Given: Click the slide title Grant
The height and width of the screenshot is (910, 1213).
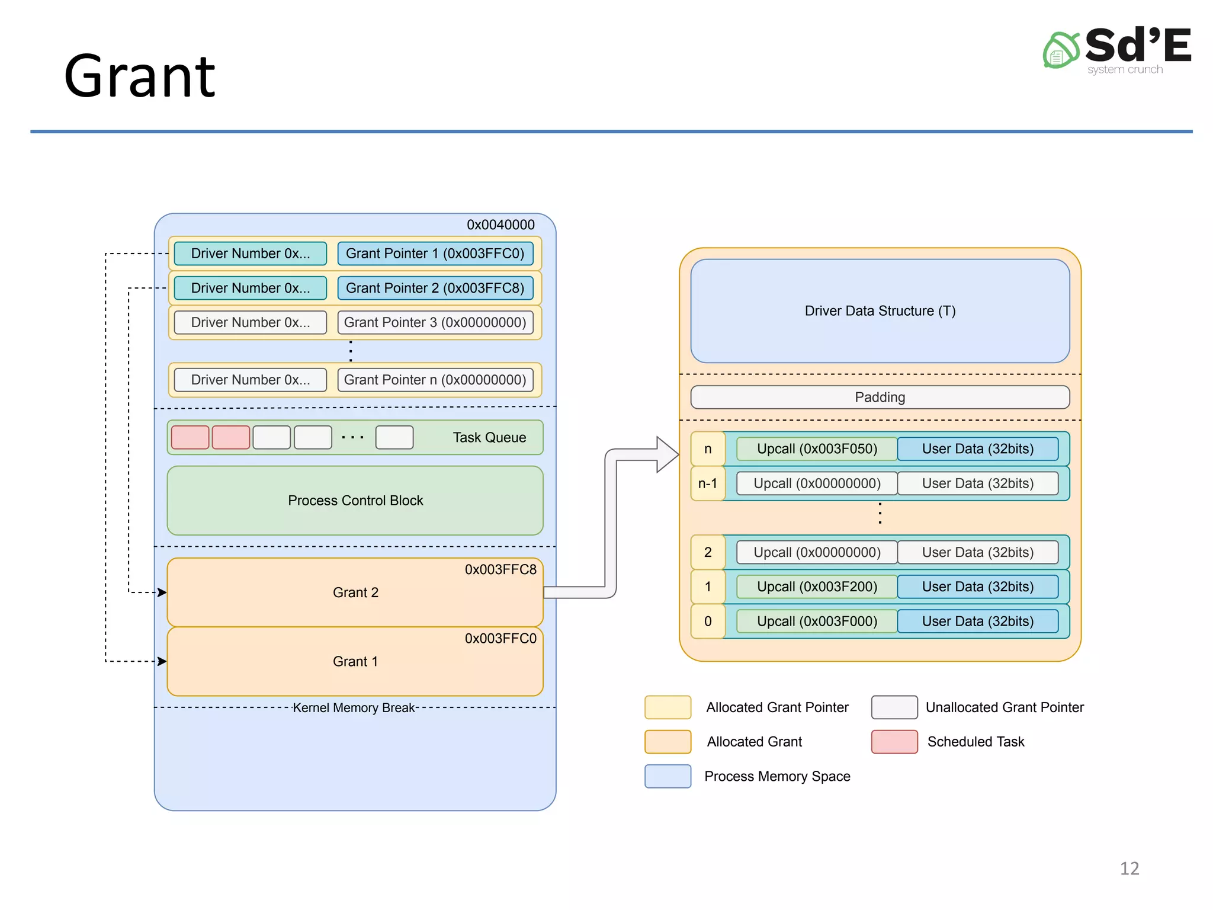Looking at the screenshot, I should tap(140, 77).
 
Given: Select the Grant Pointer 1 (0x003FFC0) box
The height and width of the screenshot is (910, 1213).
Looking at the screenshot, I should tap(435, 254).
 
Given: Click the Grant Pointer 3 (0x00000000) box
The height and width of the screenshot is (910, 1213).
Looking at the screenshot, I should tap(435, 322).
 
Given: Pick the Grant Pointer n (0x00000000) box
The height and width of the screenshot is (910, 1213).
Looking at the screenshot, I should tap(435, 380).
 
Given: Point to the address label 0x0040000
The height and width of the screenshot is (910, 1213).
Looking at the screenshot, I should tap(500, 225).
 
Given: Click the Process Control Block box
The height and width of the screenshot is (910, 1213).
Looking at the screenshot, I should tap(355, 501).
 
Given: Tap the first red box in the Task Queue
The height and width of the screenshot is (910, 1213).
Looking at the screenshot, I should tap(190, 437).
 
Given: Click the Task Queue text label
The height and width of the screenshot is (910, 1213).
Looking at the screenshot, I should tap(489, 437).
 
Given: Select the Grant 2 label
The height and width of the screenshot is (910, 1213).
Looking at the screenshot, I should tap(355, 592).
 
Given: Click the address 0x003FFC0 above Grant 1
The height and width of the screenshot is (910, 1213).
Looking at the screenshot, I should tap(500, 639).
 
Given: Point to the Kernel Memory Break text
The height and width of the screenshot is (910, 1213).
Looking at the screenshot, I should tap(354, 708).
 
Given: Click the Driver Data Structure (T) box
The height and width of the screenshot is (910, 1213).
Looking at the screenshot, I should tap(880, 311).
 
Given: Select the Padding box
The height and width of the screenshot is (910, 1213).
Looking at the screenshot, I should tap(880, 397).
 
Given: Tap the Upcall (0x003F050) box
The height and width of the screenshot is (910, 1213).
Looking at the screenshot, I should tap(817, 448).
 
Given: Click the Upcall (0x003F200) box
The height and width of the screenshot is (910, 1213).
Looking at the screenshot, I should tap(817, 587).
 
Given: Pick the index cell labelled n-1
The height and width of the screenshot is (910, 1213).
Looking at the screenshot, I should tap(707, 483).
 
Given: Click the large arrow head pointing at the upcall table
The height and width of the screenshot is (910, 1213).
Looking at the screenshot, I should tap(667, 454).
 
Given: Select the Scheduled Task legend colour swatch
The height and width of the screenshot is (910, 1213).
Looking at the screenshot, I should tap(894, 742).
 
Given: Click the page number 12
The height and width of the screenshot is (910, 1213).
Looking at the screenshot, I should tap(1129, 869).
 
